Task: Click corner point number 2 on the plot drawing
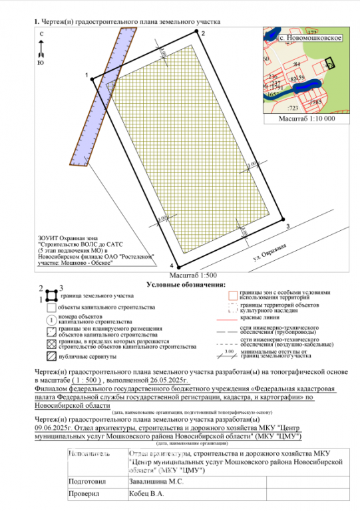(203, 33)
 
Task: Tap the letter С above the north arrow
(41, 33)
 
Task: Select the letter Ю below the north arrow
(41, 63)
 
